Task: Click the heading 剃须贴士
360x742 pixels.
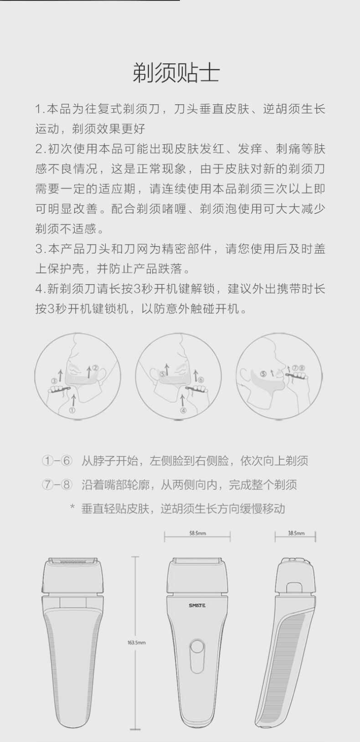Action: pyautogui.click(x=176, y=73)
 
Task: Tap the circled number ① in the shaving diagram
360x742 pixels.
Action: pyautogui.click(x=72, y=410)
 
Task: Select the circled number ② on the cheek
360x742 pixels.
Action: pyautogui.click(x=95, y=368)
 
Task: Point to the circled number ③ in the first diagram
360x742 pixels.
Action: pyautogui.click(x=54, y=380)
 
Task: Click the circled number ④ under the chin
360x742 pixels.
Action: pyautogui.click(x=183, y=410)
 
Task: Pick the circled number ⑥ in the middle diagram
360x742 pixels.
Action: pyautogui.click(x=201, y=379)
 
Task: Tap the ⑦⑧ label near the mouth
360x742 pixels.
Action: pyautogui.click(x=298, y=368)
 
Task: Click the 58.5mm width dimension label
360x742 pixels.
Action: pyautogui.click(x=197, y=533)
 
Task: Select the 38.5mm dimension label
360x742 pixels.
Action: pyautogui.click(x=296, y=533)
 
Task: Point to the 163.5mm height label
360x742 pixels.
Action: pyautogui.click(x=136, y=643)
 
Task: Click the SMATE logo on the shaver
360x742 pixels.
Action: pyautogui.click(x=197, y=605)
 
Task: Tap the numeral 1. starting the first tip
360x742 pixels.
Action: pyautogui.click(x=40, y=109)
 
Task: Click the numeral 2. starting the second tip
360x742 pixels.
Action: pyautogui.click(x=40, y=149)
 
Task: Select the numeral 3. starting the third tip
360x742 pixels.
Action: pyautogui.click(x=40, y=249)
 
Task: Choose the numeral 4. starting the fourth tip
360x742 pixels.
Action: pyautogui.click(x=40, y=289)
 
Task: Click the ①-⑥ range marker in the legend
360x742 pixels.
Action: pyautogui.click(x=57, y=461)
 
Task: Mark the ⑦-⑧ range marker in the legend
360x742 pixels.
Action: pyautogui.click(x=57, y=485)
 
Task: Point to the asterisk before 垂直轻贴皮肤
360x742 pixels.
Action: pyautogui.click(x=72, y=507)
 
